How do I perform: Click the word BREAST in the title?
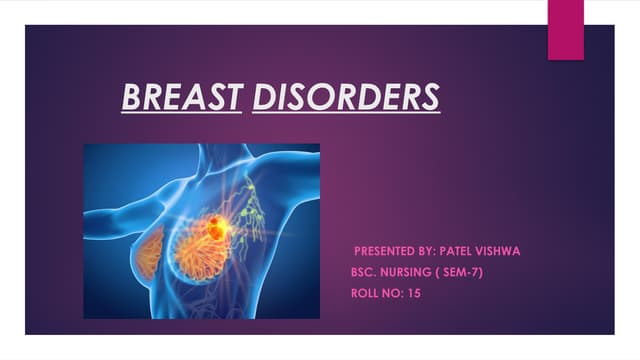(181, 97)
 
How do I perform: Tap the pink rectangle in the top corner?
(566, 29)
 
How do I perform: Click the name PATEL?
(486, 250)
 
